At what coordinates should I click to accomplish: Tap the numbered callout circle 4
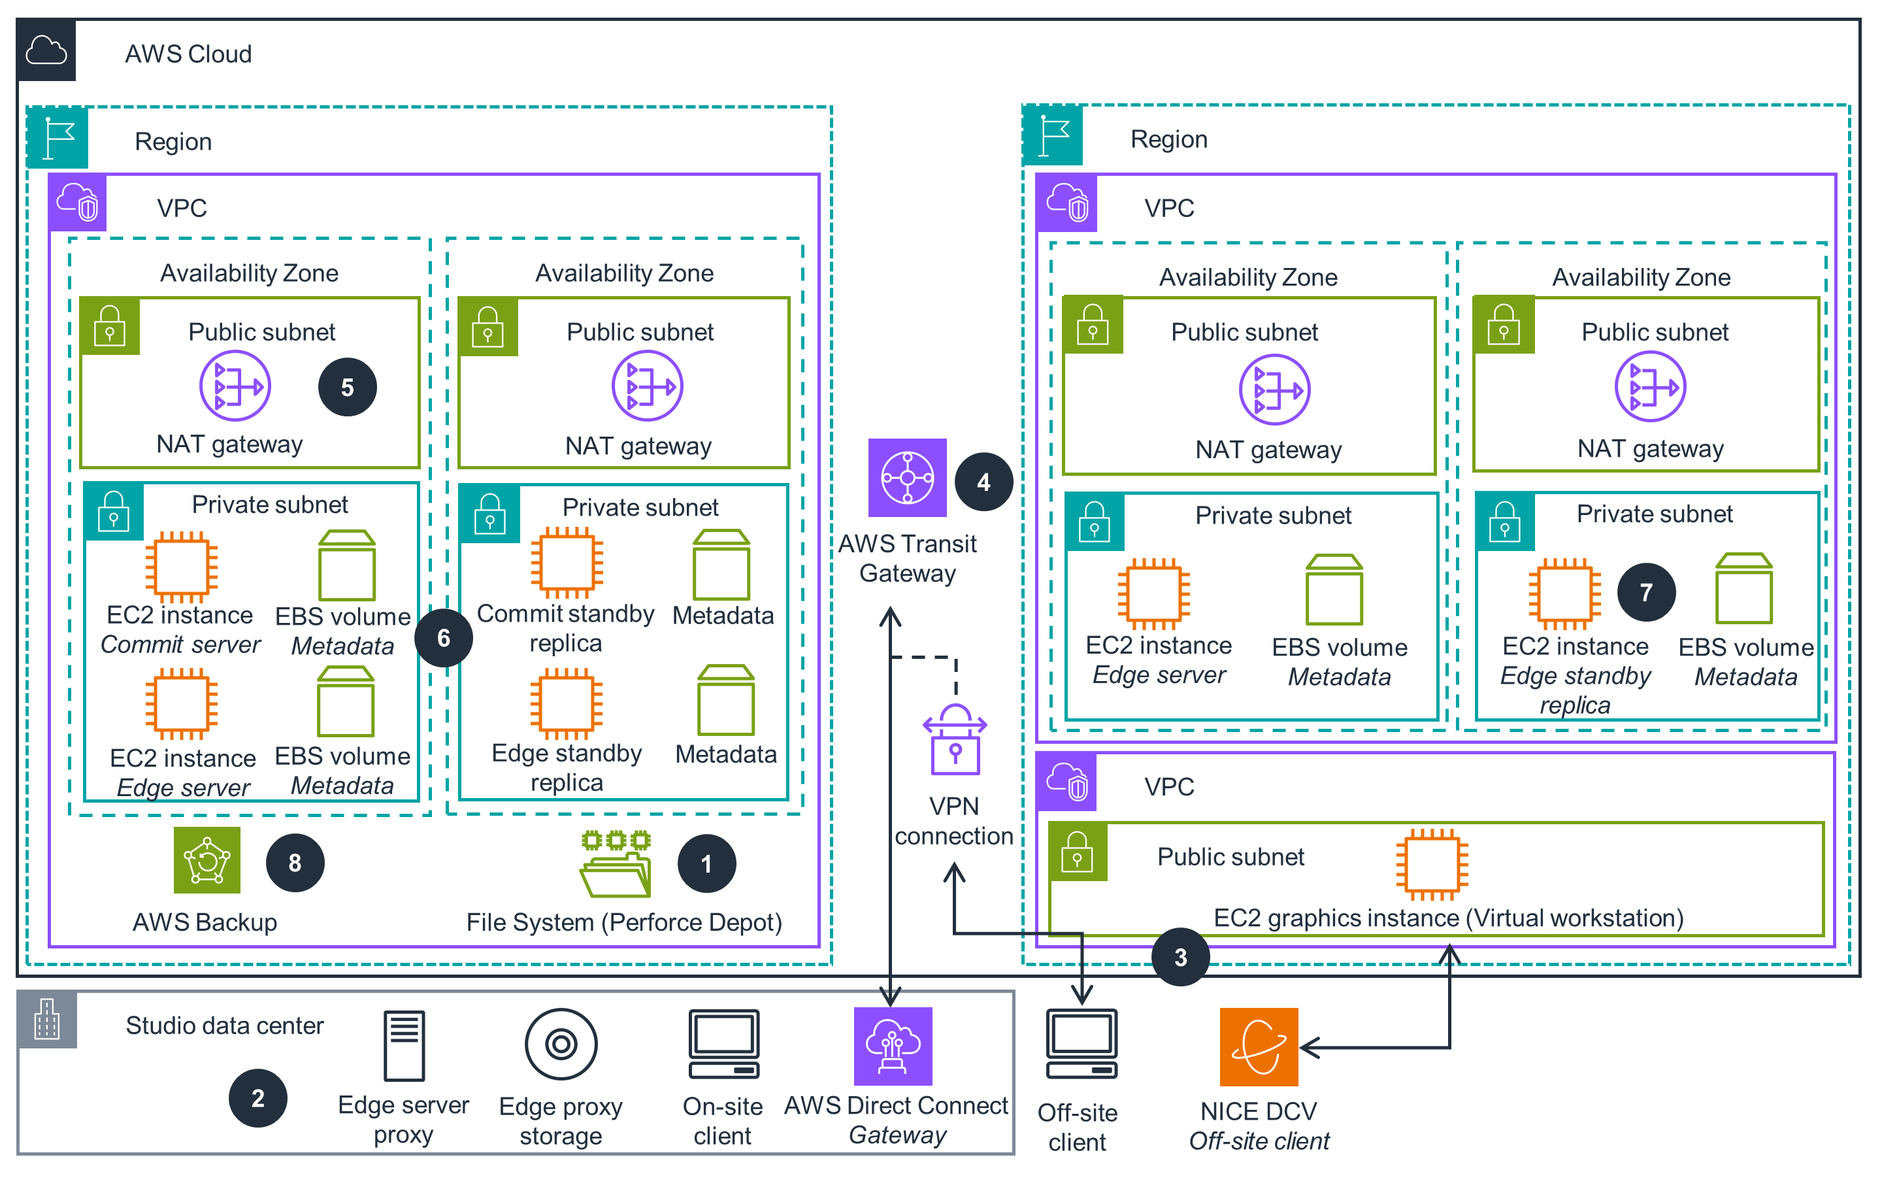coord(983,482)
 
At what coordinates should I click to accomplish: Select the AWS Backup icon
coord(206,860)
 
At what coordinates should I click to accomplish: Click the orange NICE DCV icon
coord(1259,1046)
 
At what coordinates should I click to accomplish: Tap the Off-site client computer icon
coord(1081,1044)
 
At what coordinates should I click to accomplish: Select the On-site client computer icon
coord(723,1044)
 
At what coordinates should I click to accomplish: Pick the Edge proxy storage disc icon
coord(561,1043)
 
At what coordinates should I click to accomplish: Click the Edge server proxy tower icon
coord(404,1045)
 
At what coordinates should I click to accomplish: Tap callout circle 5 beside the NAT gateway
coord(347,387)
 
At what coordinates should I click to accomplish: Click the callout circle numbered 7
coord(1646,592)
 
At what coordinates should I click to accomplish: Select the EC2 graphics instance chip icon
coord(1432,864)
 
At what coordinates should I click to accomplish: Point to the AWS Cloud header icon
coord(46,52)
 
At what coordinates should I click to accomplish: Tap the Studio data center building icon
coord(47,1020)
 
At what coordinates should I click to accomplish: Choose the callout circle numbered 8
coord(295,863)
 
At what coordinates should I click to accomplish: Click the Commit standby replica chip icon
coord(567,562)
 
